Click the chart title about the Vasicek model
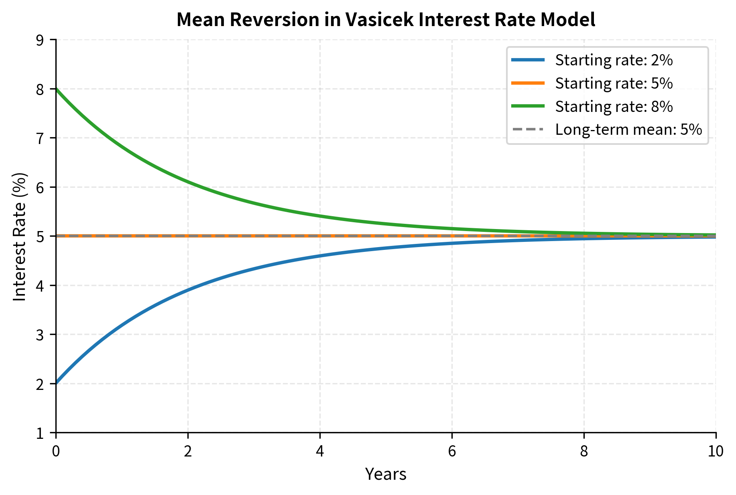386,20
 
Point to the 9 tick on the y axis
40,40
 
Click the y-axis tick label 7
40,138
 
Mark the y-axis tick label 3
40,335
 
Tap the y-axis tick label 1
40,433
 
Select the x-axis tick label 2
187,452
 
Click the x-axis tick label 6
452,452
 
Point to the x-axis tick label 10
716,452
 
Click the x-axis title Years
386,475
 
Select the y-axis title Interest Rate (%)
20,236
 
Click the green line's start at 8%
57,89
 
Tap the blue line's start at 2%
57,383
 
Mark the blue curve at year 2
188,290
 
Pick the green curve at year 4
320,216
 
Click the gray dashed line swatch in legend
528,130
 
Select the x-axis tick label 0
56,452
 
